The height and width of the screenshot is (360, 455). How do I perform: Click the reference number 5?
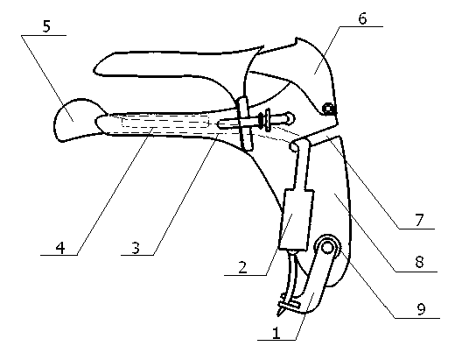tap(46, 26)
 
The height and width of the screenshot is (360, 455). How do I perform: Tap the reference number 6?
tap(362, 18)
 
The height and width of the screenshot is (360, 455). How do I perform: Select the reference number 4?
tap(60, 248)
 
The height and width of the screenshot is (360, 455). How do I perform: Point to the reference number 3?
tap(135, 248)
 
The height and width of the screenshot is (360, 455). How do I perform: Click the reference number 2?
tap(242, 267)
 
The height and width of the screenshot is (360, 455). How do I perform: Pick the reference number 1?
tap(276, 333)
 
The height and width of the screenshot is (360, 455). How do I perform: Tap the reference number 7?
tap(419, 220)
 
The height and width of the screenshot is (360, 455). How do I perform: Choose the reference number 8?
tap(419, 262)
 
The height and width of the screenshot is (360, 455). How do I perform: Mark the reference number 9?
tap(421, 309)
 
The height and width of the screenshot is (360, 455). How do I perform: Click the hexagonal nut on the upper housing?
tap(328, 109)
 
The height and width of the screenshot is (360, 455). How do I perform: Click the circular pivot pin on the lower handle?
tap(327, 248)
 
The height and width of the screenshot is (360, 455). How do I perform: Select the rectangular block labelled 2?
tap(296, 220)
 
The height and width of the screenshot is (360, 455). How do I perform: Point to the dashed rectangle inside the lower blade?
tap(165, 123)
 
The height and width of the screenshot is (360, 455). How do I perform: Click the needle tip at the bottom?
tap(279, 313)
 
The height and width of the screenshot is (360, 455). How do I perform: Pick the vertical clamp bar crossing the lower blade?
tap(246, 124)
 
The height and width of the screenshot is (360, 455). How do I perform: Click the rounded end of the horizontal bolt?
tap(290, 118)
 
